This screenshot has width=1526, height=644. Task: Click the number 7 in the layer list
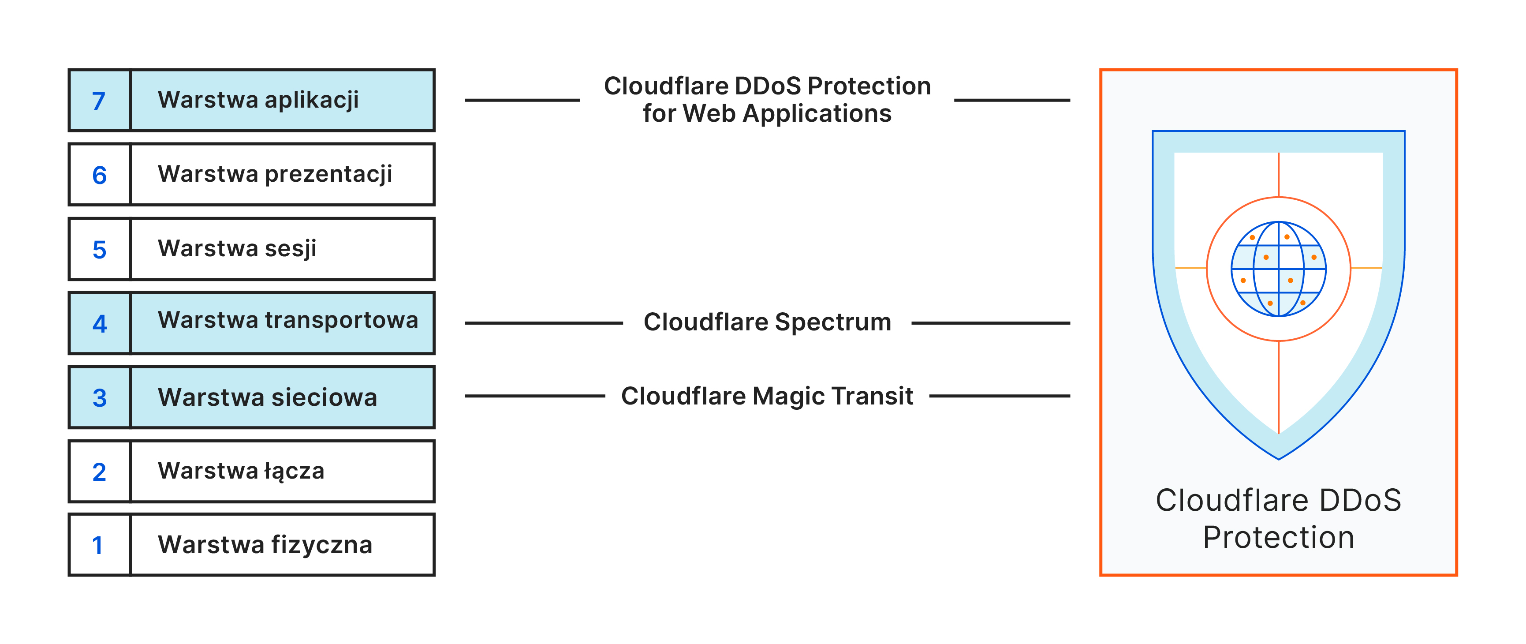tap(99, 101)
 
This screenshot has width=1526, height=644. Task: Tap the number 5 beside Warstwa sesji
tap(100, 249)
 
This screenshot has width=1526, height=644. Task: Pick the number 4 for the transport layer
tap(100, 323)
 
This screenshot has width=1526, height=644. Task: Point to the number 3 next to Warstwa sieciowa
tap(100, 397)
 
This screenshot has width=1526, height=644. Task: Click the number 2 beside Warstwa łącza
tap(100, 472)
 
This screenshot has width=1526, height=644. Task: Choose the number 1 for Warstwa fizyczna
tap(98, 546)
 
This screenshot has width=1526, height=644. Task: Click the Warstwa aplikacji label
tap(258, 100)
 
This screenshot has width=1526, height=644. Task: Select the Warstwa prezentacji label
tap(275, 174)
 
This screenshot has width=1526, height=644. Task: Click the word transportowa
tap(341, 320)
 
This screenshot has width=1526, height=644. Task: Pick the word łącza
tap(295, 472)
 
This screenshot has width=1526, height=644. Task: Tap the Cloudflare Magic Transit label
tap(767, 396)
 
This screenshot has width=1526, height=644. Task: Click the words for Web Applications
tap(767, 113)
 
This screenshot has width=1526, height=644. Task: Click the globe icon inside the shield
tap(1278, 269)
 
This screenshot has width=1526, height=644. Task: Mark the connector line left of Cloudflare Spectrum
tap(543, 323)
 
